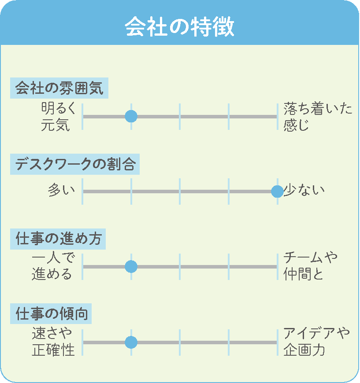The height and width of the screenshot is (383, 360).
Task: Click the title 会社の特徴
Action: [x=179, y=26]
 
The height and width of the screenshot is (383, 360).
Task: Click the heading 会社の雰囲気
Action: [x=59, y=88]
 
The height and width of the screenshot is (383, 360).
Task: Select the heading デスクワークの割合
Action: [x=75, y=164]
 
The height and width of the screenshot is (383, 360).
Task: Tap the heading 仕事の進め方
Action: [x=58, y=239]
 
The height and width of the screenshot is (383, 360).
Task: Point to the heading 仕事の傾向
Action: [x=51, y=313]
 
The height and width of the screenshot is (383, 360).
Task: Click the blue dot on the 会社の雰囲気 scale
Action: [x=131, y=116]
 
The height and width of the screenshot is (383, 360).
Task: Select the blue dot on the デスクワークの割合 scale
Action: [x=277, y=191]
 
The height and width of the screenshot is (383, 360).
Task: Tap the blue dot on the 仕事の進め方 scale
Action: [x=131, y=266]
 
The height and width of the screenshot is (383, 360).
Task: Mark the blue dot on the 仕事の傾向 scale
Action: [x=131, y=342]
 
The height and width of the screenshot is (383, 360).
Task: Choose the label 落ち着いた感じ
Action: [x=318, y=117]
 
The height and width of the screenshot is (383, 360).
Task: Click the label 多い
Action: [x=61, y=190]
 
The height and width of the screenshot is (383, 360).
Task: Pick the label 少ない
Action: [x=304, y=190]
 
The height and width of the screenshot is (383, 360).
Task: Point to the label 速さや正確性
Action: [x=53, y=342]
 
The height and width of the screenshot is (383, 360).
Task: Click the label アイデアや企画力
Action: [x=316, y=342]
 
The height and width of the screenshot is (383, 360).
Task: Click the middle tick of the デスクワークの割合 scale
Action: [x=180, y=191]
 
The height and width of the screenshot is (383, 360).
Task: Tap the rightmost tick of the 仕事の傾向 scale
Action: [x=278, y=342]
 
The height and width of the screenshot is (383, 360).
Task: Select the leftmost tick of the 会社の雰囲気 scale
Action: [x=82, y=117]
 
